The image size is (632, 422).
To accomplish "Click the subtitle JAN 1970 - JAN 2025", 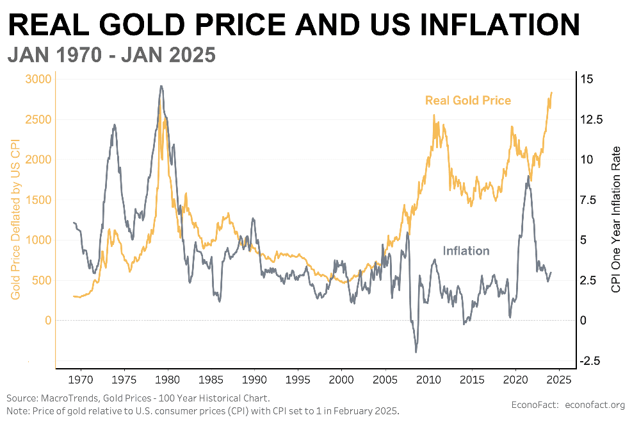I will click(111, 56).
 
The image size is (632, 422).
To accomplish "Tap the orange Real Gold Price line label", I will click(467, 101).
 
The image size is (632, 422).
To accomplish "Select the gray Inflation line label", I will click(466, 251).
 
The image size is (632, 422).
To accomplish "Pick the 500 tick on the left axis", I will click(40, 280).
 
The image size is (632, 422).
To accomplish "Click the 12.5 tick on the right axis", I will click(591, 119).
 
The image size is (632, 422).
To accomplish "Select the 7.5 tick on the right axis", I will click(588, 200).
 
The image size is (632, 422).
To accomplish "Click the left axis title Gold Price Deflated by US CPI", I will click(14, 219).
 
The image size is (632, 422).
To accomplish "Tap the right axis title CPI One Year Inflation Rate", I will click(616, 219).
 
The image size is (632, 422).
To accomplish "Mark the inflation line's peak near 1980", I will click(161, 86).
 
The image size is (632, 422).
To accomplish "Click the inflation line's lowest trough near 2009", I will click(416, 351).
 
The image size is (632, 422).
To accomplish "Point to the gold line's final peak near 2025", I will click(551, 92).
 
